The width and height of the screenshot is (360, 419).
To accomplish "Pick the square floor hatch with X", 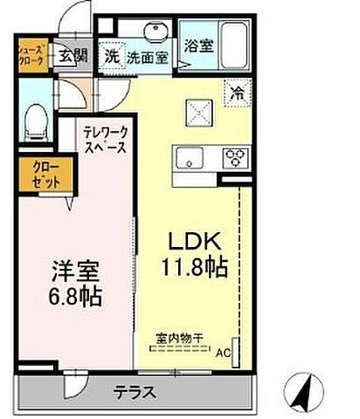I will pyautogui.click(x=198, y=112).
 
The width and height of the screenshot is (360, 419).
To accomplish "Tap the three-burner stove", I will pyautogui.click(x=236, y=158).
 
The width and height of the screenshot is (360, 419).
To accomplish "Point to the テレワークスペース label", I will pyautogui.click(x=107, y=140).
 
